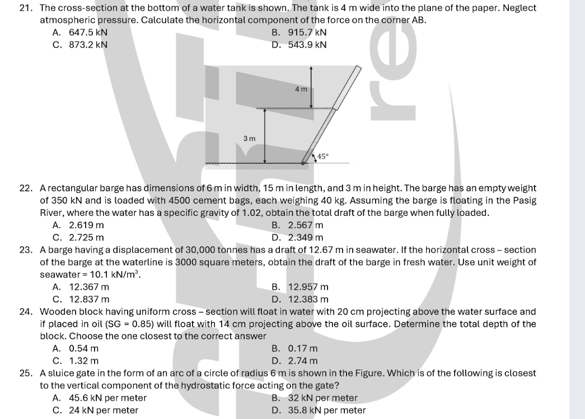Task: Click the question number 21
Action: (x=25, y=8)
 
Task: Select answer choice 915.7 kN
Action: (x=307, y=32)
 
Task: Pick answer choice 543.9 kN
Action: (x=307, y=45)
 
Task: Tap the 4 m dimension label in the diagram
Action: (x=301, y=89)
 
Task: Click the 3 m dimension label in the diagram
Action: (x=249, y=138)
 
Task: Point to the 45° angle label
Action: (x=324, y=156)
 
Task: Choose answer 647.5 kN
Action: (x=88, y=32)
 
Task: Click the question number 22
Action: (x=25, y=188)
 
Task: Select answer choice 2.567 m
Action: (x=305, y=225)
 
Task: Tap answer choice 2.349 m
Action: (x=305, y=237)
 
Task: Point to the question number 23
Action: (x=25, y=249)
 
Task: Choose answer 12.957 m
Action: (x=307, y=287)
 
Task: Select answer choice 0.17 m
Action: (x=302, y=349)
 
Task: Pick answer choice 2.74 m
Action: (x=302, y=361)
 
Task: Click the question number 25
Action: (x=25, y=373)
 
